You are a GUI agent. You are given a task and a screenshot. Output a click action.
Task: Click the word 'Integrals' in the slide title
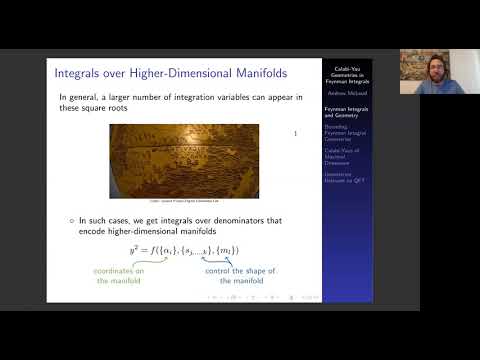coord(83,71)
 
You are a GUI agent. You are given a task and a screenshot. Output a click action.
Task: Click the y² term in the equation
coord(135,249)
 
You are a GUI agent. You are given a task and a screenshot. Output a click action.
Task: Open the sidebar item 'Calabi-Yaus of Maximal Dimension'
coord(343,157)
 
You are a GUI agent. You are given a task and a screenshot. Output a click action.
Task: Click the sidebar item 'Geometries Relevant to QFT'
coord(343,177)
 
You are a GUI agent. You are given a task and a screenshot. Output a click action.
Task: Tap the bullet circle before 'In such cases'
coord(71,219)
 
